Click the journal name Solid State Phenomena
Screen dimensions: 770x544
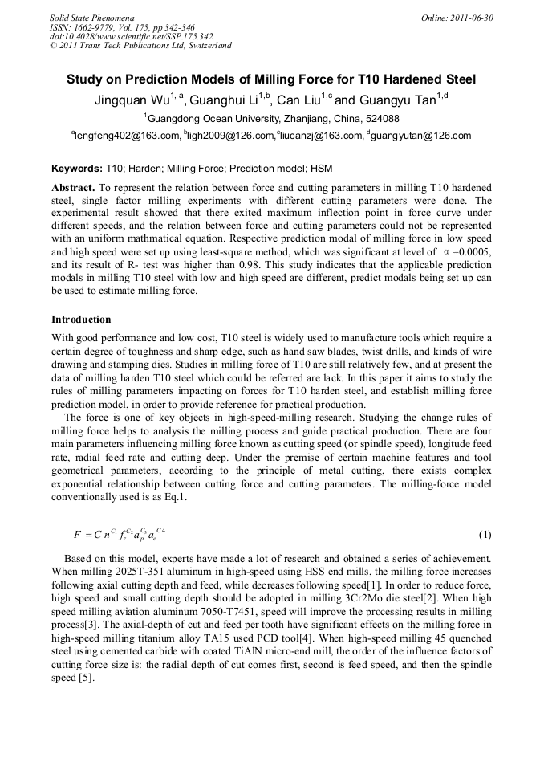[x=91, y=17]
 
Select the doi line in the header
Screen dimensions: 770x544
[x=132, y=36]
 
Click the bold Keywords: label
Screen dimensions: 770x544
[x=77, y=169]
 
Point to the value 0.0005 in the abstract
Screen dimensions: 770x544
[x=473, y=251]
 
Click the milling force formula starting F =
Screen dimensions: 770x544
[x=120, y=534]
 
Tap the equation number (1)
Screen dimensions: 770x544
[x=485, y=535]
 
